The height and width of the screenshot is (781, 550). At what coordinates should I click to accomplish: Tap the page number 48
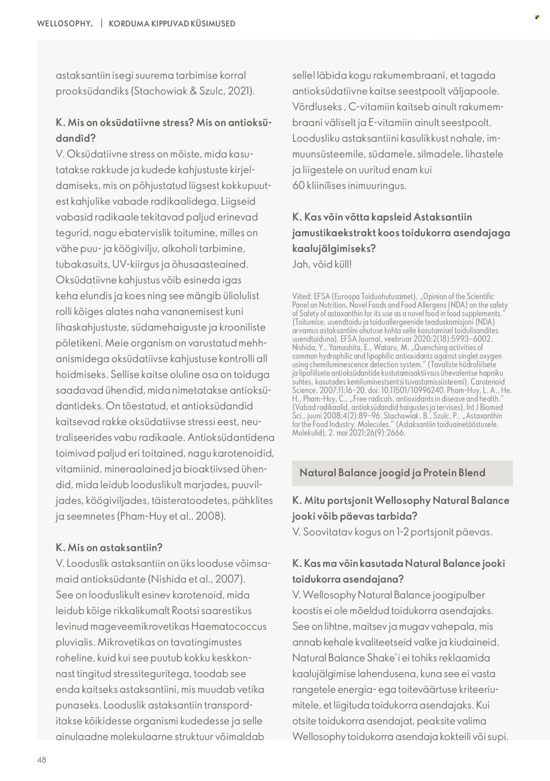(42, 759)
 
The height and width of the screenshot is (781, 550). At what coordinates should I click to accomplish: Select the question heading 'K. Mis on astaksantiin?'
(109, 548)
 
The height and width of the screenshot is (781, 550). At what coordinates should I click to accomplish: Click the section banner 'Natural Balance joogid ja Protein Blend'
(392, 473)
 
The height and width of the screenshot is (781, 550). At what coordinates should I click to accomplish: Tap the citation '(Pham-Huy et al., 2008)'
(172, 516)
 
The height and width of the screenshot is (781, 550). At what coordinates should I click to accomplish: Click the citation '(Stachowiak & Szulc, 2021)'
(193, 91)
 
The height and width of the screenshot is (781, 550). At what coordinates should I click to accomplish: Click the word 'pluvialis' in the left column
(74, 642)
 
